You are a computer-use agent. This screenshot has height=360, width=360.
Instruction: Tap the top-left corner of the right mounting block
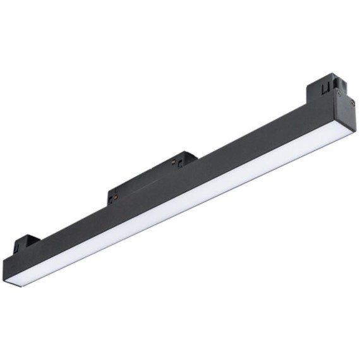click(308, 87)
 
